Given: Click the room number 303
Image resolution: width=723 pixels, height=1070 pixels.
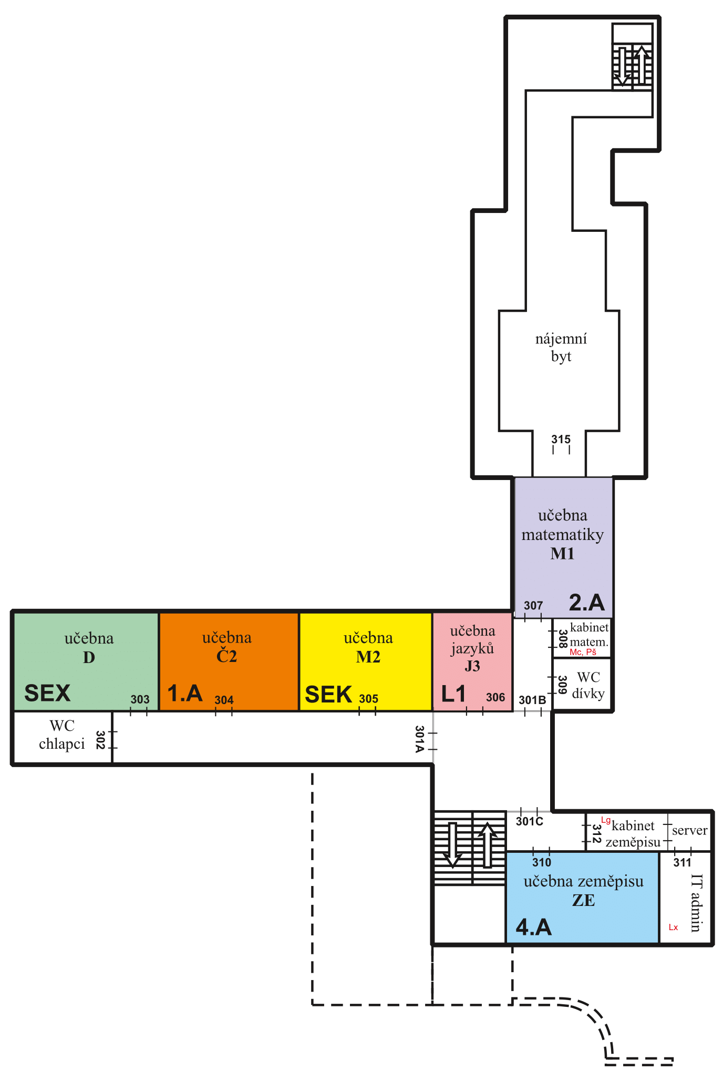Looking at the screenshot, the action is (140, 699).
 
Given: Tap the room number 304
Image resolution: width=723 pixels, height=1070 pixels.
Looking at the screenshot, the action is (224, 700).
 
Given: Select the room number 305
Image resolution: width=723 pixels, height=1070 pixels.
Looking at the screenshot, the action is (369, 699).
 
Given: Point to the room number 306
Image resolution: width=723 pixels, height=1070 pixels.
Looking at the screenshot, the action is (495, 697).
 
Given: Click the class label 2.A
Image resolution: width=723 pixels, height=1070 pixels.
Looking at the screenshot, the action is (587, 603).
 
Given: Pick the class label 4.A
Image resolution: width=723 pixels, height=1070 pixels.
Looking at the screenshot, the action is (534, 927).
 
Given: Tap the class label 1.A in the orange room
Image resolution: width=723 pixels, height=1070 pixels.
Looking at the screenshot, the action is (185, 694).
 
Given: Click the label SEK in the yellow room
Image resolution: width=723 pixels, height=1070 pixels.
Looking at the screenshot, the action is (328, 695).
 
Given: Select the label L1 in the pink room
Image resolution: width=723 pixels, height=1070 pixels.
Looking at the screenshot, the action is (453, 694).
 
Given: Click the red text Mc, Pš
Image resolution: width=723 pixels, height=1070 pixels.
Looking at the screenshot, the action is (583, 652).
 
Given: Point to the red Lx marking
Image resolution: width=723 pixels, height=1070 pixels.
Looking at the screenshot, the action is (673, 927).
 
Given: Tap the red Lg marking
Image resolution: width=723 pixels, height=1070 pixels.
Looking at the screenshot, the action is (606, 820).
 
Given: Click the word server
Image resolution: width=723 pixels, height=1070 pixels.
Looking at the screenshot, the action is (690, 830).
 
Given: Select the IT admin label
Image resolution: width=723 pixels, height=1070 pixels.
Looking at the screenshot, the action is (696, 903).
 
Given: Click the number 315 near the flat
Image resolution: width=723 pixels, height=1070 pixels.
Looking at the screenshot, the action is (561, 439).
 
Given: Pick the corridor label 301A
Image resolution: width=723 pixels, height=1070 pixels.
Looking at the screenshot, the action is (419, 739).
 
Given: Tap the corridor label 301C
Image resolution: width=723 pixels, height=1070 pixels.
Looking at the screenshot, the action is (530, 821).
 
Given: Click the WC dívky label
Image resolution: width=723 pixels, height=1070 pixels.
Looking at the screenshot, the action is (588, 685).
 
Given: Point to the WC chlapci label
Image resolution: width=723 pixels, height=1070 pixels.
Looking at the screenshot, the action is (62, 735).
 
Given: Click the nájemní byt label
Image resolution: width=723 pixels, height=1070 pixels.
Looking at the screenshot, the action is (561, 348).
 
